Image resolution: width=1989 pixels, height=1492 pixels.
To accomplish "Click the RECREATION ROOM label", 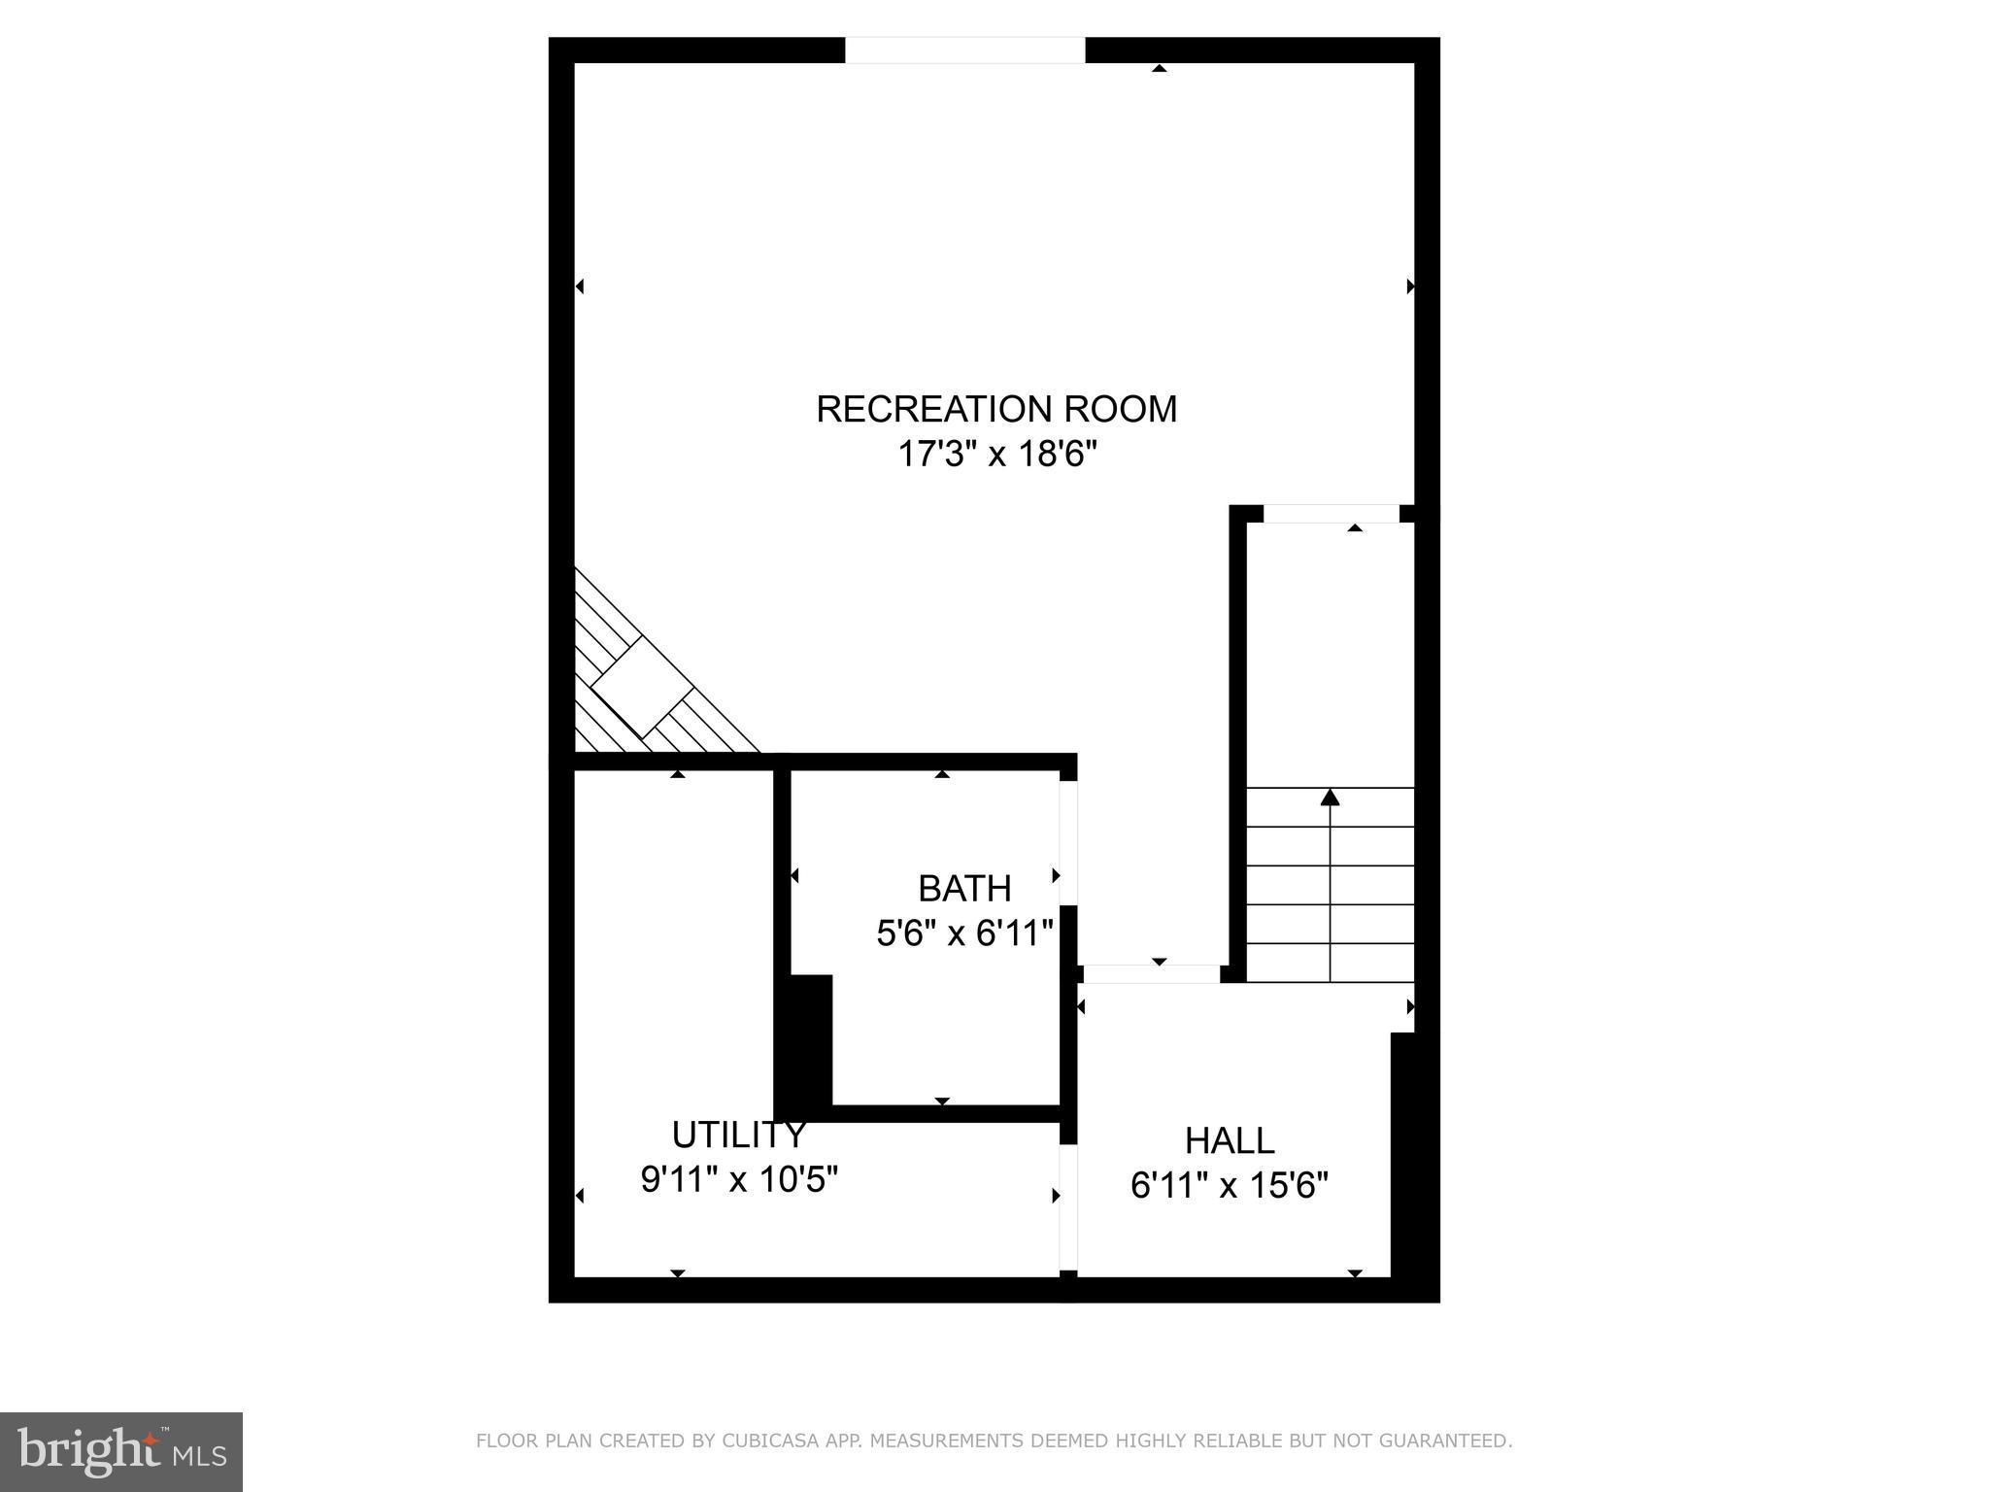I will [996, 409].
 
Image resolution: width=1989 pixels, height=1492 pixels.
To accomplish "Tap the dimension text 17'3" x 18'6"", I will [996, 454].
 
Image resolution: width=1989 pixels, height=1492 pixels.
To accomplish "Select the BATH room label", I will [964, 889].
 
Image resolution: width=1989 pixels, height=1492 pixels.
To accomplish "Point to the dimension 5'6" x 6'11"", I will [964, 933].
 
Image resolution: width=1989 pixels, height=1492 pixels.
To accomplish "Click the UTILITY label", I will [739, 1135].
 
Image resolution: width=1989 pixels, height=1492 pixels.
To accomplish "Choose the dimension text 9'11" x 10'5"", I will [739, 1179].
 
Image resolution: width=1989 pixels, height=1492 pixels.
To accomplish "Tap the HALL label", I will [1230, 1140].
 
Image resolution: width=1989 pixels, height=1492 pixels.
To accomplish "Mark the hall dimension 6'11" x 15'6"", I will [1230, 1185].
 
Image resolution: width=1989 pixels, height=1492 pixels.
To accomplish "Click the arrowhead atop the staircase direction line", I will [1331, 797].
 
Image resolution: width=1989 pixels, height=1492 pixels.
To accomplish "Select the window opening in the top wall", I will [964, 51].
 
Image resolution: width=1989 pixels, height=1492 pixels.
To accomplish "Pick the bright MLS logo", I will [121, 1452].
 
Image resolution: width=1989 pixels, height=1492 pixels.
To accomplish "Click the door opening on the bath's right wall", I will [1068, 842].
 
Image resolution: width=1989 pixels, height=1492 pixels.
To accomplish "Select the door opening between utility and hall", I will [1068, 1207].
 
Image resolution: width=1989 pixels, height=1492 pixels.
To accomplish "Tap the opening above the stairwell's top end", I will [1331, 514].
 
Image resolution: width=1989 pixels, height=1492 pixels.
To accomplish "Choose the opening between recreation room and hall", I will [1152, 973].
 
